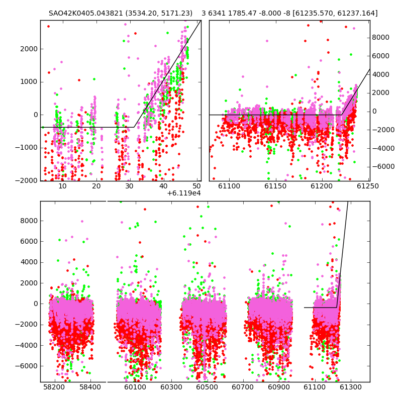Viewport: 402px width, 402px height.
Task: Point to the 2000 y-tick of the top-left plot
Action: pos(29,49)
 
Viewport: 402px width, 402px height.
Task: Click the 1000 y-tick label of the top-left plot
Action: pos(29,82)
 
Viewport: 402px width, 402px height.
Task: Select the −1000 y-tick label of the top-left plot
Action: pos(26,148)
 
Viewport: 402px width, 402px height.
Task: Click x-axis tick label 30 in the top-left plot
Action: pos(130,186)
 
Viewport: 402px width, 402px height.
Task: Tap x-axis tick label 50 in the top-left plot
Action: pos(197,186)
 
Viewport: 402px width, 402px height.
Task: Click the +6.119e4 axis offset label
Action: pos(184,193)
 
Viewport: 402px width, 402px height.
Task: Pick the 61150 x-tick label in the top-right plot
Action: pos(275,186)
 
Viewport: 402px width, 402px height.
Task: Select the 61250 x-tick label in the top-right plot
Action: pos(368,186)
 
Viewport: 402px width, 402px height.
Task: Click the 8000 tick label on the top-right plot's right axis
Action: pos(381,37)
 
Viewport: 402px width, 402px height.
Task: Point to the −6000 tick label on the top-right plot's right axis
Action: pos(383,167)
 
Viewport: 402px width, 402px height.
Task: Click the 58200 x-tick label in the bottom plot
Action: pos(54,387)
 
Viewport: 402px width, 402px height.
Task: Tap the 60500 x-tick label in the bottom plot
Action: pos(207,387)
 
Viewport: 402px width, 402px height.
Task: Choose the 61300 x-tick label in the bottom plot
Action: pos(350,387)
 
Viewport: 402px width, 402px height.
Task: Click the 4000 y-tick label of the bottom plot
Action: pos(29,262)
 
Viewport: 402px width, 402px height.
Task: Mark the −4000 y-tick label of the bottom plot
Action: pos(26,345)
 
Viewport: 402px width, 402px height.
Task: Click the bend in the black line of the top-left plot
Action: pos(134,127)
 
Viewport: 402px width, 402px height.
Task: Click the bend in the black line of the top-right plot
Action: pos(342,115)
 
